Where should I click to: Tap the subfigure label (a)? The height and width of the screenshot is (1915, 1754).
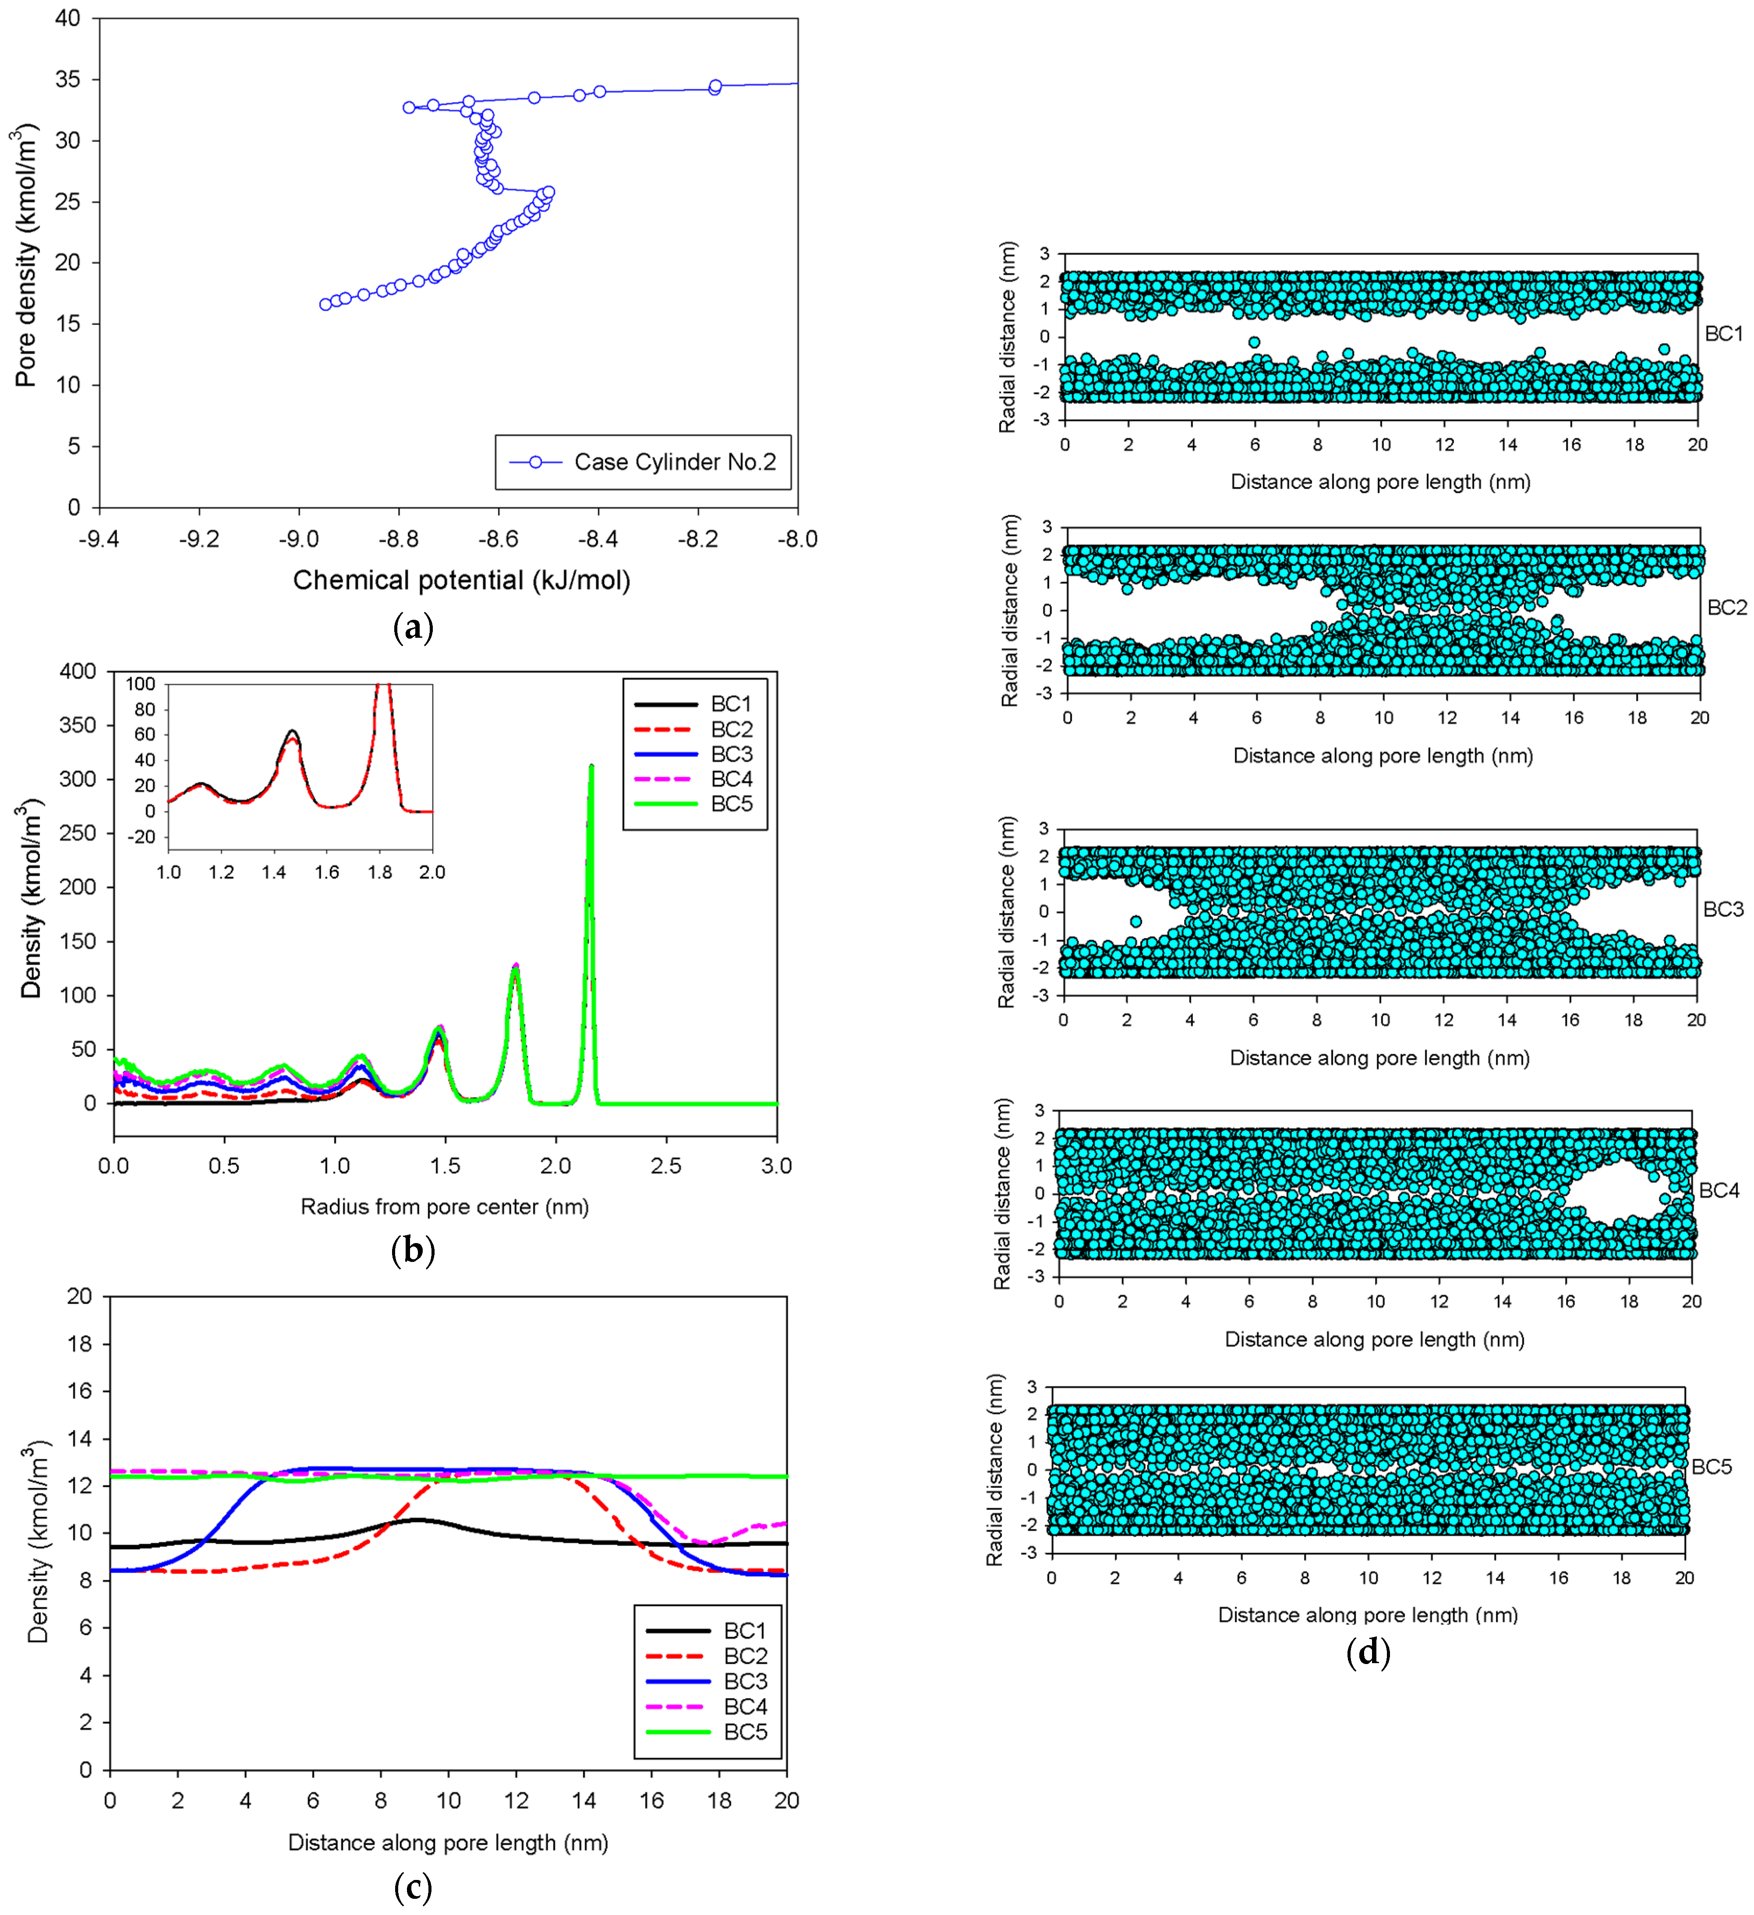pos(412,628)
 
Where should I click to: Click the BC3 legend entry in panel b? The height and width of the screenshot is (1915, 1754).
pos(731,754)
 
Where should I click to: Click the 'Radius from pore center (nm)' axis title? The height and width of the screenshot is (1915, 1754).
pos(445,1206)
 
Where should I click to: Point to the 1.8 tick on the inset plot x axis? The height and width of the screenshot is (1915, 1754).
pos(379,872)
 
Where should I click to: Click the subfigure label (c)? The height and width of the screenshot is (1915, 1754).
pos(412,1886)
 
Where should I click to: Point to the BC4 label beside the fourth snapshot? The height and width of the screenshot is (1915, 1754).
pos(1718,1190)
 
